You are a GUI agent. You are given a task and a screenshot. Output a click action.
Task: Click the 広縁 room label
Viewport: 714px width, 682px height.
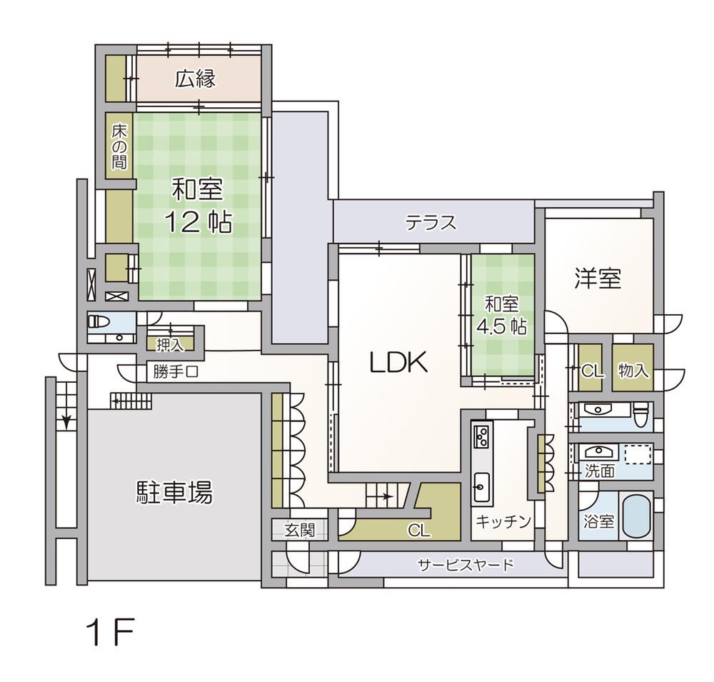coord(196,79)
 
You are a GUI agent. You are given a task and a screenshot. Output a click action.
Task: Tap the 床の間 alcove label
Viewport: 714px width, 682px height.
coord(119,146)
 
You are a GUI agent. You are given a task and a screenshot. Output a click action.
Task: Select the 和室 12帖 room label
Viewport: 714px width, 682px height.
coord(198,206)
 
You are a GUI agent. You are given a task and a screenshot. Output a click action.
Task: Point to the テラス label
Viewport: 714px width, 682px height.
coord(431,224)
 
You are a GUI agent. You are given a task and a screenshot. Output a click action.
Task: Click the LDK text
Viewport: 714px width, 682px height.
coord(398,363)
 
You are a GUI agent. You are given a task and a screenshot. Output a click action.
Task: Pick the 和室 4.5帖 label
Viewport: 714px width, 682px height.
coord(501,316)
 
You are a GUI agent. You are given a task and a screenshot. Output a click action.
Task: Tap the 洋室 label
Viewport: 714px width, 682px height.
coord(598,278)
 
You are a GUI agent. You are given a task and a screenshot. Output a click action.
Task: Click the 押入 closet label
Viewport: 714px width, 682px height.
coord(170,346)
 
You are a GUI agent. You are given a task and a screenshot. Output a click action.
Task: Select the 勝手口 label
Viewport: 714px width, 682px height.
coord(176,372)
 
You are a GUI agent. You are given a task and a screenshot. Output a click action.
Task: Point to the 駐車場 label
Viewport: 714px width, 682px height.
coord(174,493)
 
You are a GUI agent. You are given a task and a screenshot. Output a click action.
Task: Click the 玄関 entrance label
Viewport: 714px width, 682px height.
coord(300,530)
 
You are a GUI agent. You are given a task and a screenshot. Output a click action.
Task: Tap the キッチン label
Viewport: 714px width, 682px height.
coord(503,521)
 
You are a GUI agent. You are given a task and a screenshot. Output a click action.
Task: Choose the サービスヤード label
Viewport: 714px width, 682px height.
coord(466,565)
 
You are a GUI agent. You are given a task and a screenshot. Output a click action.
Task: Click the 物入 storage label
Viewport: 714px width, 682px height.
coord(633,371)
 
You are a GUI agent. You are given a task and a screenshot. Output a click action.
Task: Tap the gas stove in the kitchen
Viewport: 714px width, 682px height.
coord(482,436)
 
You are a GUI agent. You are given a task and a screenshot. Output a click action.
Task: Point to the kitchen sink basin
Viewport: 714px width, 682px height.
coord(481,487)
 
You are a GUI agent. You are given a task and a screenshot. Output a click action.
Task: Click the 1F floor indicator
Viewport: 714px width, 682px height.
coord(111,632)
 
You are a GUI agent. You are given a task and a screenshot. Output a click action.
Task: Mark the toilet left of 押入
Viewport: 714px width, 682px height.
coord(99,322)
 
